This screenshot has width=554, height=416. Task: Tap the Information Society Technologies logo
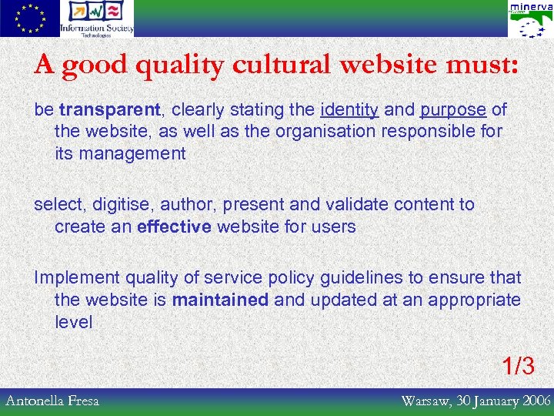tap(97, 18)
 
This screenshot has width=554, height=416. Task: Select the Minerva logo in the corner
tap(530, 19)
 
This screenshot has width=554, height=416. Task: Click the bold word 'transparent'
tap(110, 110)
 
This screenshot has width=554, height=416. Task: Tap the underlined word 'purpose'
tap(453, 110)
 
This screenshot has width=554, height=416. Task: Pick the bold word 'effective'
tap(174, 226)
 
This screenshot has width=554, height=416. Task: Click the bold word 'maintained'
tap(220, 300)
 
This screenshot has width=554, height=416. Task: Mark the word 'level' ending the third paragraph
tap(73, 321)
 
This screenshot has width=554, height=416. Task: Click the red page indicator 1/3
tap(518, 365)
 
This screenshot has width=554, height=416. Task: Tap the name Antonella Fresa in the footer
tap(52, 401)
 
